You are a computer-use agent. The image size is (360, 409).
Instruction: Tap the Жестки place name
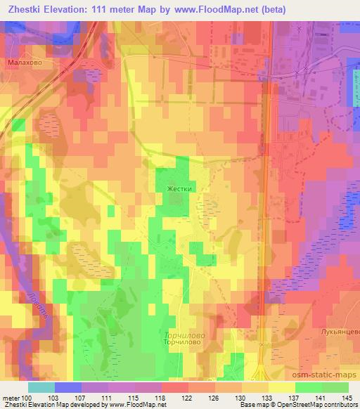179,189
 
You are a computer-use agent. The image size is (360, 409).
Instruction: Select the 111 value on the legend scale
108,397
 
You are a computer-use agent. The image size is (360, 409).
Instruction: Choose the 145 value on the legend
348,397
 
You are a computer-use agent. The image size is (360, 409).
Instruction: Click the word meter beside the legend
11,397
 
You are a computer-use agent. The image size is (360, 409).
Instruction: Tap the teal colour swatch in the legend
41,387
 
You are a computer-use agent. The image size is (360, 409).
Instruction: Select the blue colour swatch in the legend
68,387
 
